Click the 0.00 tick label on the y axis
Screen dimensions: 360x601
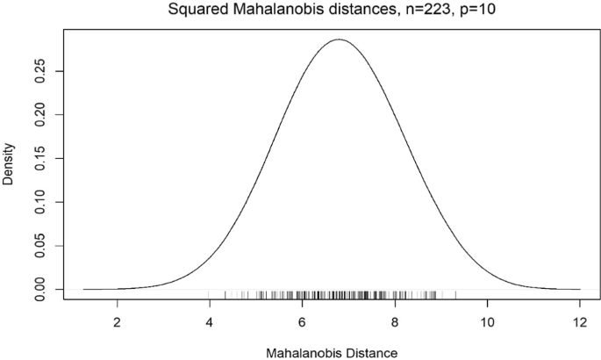tap(40, 289)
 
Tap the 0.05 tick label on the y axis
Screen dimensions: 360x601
tap(40, 245)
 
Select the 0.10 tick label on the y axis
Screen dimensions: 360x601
tap(40, 201)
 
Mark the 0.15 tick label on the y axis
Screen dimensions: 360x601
tap(40, 157)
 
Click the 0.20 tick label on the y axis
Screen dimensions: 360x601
tap(40, 114)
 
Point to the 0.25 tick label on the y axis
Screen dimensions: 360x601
tap(40, 70)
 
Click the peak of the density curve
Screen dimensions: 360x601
tap(339, 40)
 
